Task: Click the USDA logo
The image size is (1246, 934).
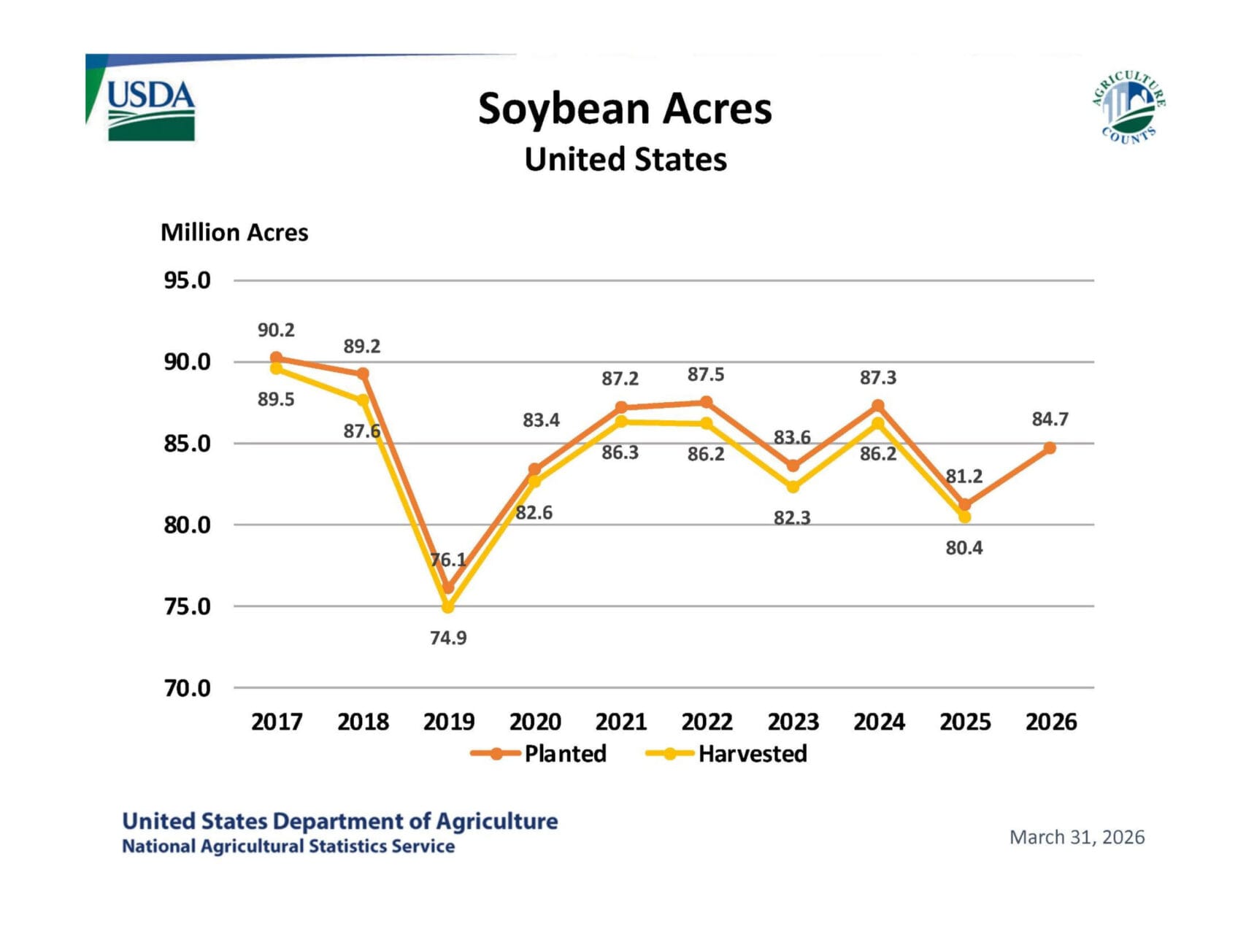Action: click(150, 109)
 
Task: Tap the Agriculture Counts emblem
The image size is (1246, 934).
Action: click(1128, 108)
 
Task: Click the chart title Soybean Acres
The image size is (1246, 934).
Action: click(625, 109)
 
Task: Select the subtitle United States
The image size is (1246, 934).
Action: click(626, 159)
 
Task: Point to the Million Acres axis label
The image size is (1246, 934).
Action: click(234, 232)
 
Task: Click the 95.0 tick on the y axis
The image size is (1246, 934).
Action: click(188, 280)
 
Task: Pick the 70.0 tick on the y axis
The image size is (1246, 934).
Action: click(188, 687)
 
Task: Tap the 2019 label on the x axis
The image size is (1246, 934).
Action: click(448, 722)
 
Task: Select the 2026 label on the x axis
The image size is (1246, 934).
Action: click(1050, 722)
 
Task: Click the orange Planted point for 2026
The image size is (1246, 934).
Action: click(1050, 448)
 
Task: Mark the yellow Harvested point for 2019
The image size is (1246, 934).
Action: click(448, 607)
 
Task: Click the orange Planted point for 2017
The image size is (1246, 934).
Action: click(276, 358)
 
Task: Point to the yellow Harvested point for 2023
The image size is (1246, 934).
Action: click(793, 487)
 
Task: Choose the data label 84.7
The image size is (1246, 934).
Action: click(1050, 420)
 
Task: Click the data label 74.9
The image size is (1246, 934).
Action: click(448, 638)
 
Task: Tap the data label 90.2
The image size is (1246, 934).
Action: click(276, 331)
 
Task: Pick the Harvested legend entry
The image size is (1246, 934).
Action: click(728, 753)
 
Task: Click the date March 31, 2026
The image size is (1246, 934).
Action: click(1077, 837)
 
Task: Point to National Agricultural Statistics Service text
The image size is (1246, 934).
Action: click(288, 846)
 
